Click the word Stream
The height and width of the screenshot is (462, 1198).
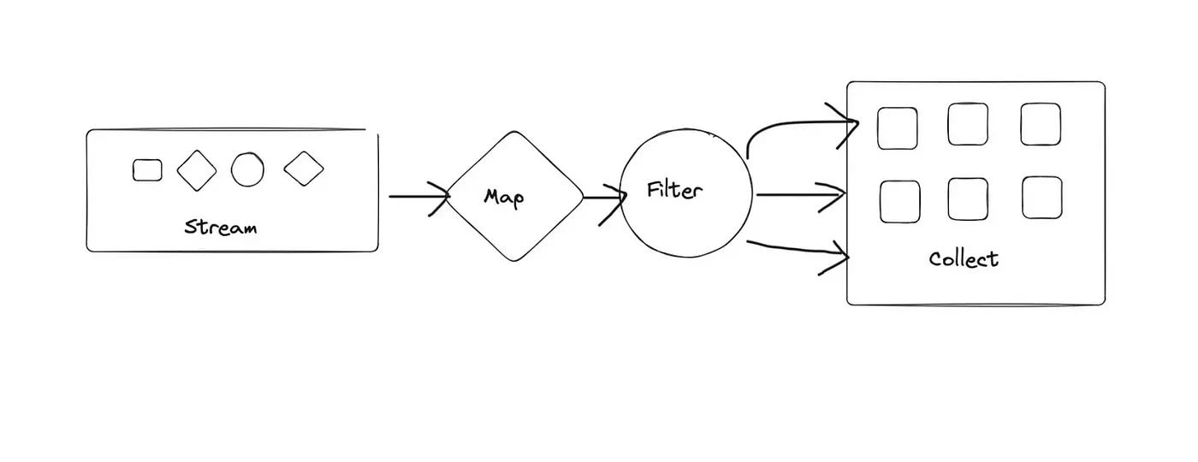(221, 228)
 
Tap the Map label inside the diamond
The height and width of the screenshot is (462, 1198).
(504, 197)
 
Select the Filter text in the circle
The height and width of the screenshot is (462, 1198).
(673, 189)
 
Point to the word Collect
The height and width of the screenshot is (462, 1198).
(964, 258)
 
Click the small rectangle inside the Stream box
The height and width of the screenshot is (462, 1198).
(147, 170)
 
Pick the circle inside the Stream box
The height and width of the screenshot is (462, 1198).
(247, 169)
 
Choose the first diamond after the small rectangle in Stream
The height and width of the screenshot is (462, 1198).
(197, 169)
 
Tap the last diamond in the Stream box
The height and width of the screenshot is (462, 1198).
(304, 169)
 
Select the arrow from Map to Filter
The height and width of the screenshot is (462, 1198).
(604, 198)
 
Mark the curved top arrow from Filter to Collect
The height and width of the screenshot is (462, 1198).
(796, 127)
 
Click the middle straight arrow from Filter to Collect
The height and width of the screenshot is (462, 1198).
(800, 195)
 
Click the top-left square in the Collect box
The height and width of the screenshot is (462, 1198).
(898, 127)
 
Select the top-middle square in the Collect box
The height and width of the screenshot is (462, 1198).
(968, 124)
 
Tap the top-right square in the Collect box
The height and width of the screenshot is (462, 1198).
(1041, 124)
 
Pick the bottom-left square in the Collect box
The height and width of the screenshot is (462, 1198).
(900, 201)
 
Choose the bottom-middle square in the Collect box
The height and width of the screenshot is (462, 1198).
(969, 198)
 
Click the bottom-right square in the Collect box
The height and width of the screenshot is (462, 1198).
(1042, 197)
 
